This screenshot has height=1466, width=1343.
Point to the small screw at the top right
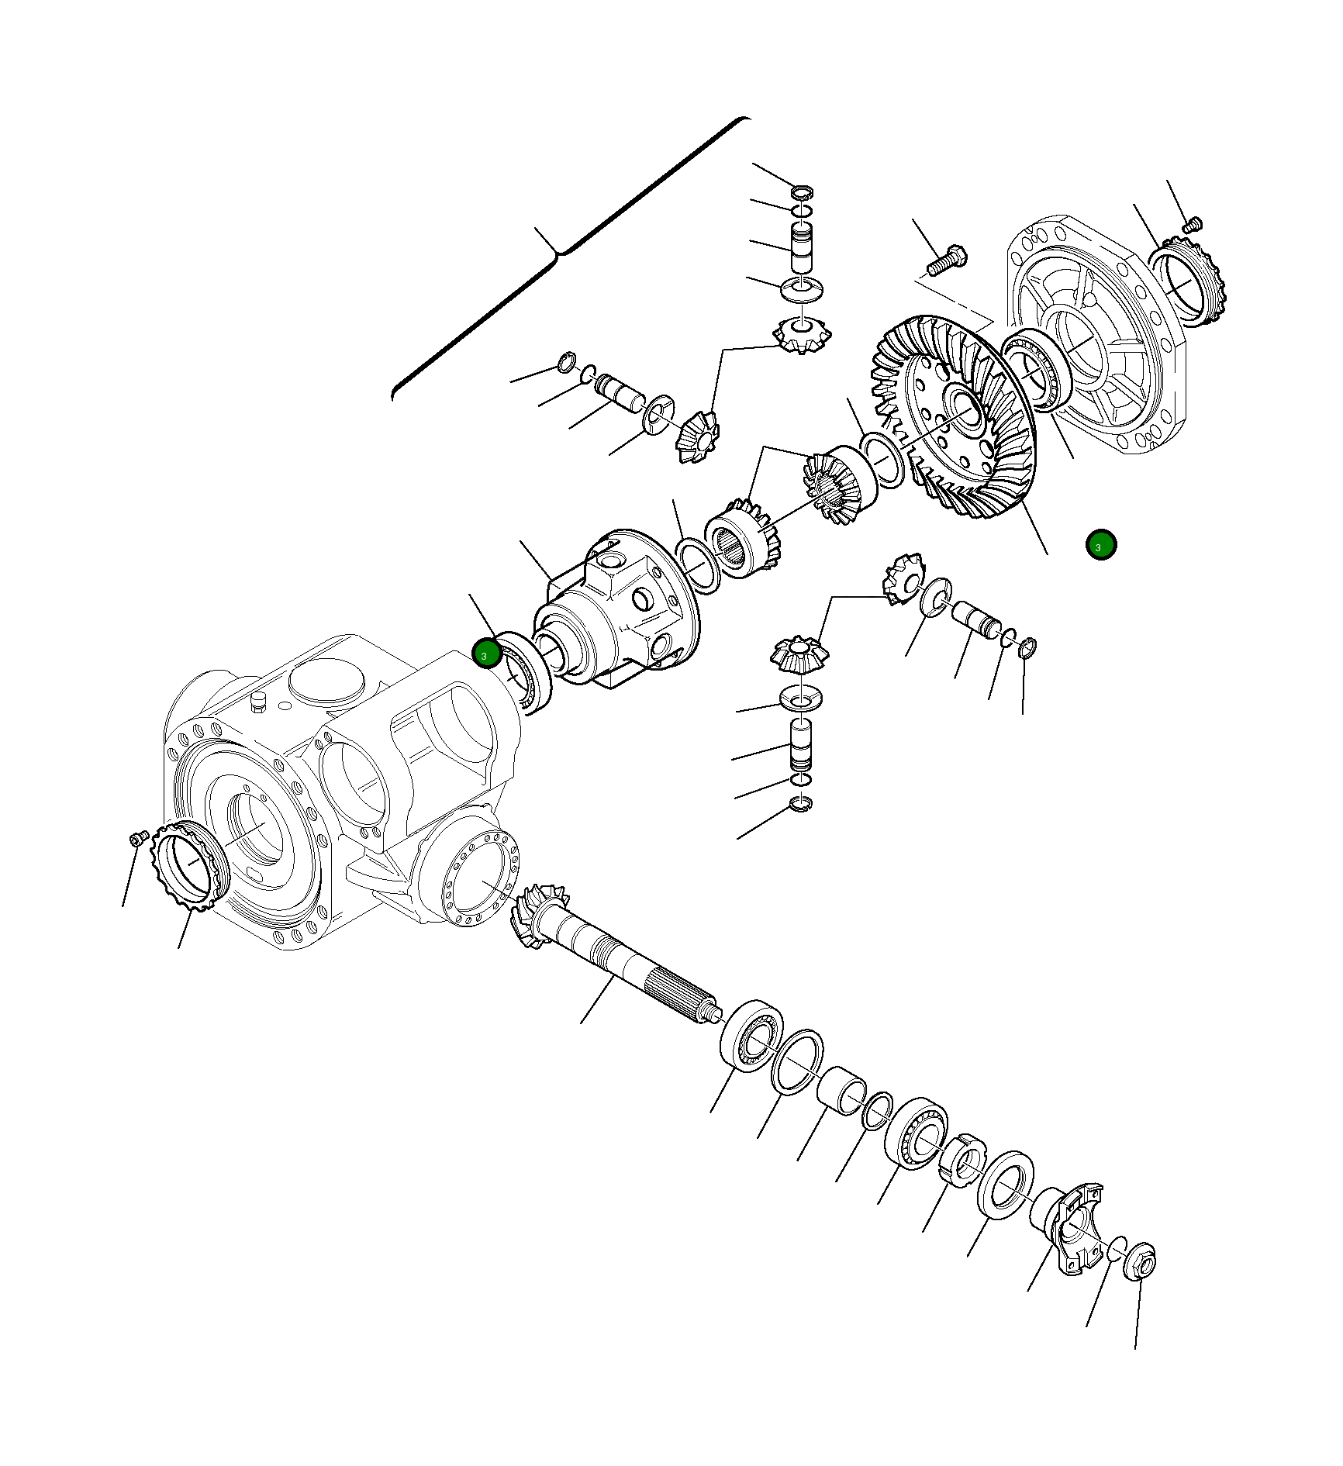1193,225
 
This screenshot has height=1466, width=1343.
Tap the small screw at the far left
139,838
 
